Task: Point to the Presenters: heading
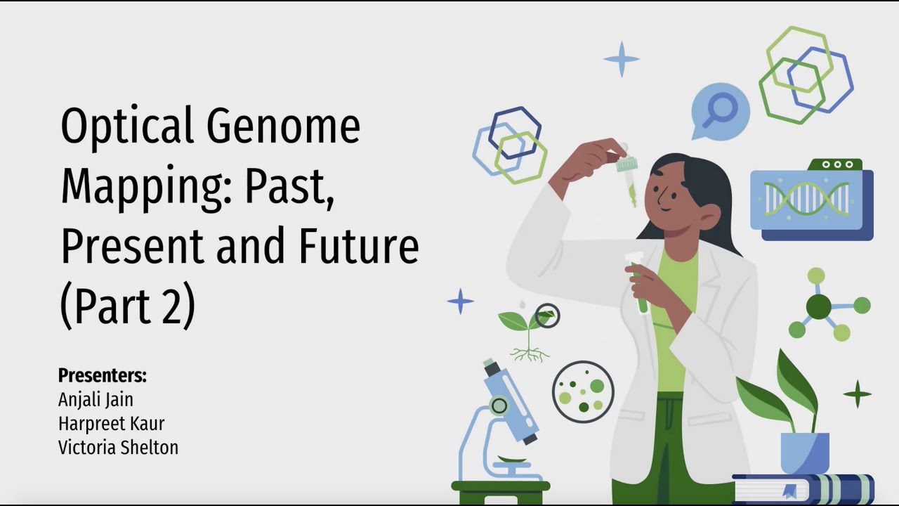103,375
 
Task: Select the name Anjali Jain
96,399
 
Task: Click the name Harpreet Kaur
111,423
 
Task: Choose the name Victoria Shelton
118,447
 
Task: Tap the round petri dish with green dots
583,391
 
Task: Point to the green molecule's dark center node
818,306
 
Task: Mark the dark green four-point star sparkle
857,394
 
